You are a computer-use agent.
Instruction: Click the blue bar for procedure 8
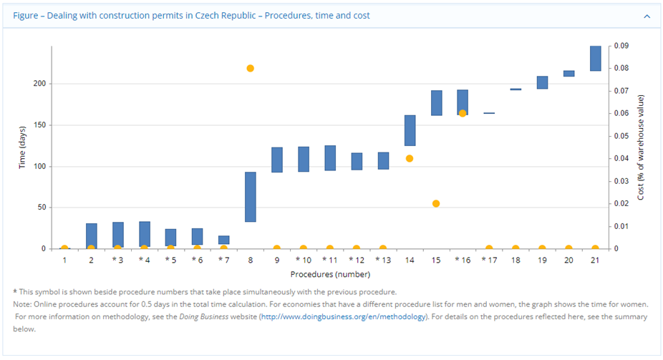[251, 197]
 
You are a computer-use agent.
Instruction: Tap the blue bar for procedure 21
[595, 59]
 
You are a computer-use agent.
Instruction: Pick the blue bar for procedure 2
[92, 235]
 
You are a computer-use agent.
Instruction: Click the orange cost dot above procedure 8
[251, 69]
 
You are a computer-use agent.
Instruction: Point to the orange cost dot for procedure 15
[436, 203]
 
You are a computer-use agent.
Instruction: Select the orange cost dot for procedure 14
[410, 158]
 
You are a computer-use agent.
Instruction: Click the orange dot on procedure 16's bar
[463, 113]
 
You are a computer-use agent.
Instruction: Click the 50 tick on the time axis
[41, 208]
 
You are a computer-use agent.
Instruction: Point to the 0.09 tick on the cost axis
[621, 46]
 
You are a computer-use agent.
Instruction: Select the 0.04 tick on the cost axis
[621, 158]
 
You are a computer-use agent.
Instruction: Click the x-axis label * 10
[303, 259]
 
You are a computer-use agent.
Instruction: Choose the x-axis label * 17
[488, 259]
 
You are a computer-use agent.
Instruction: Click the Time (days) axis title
[23, 147]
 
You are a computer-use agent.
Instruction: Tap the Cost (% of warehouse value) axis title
[641, 147]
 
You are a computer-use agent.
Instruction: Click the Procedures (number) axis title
[330, 273]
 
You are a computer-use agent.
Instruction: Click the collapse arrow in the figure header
[647, 15]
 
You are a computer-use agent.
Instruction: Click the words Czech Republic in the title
[228, 15]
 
